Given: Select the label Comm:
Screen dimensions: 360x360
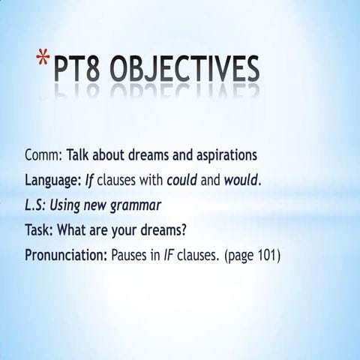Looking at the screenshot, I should pos(43,156).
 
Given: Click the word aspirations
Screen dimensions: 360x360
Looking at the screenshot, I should pos(227,156).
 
